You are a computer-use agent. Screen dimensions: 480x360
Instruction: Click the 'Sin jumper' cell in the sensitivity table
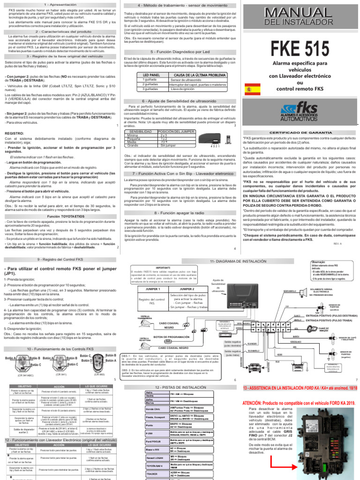(168, 146)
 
